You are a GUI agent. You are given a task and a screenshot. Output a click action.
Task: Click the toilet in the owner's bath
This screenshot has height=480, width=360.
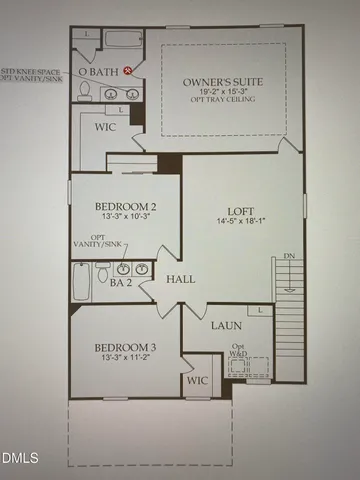(x=84, y=91)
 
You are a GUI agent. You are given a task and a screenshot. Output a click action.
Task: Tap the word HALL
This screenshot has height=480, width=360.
(x=180, y=279)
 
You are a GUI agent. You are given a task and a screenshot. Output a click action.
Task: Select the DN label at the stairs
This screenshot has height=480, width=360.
(x=289, y=257)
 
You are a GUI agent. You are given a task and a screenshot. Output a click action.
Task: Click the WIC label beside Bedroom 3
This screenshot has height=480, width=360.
(x=198, y=381)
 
